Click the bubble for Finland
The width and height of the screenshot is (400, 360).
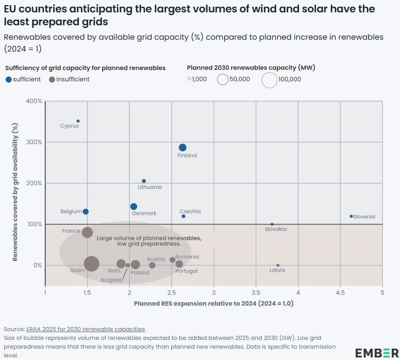182,148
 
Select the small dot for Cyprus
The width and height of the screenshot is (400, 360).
78,121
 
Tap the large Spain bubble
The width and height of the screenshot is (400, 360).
91,264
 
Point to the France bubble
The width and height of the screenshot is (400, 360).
88,232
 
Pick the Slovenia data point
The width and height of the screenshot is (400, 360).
351,217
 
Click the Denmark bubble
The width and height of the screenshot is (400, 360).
134,207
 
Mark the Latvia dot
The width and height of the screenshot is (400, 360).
278,265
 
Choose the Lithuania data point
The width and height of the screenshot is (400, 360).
144,181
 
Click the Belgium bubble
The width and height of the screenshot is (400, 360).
86,211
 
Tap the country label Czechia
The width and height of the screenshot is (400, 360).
190,211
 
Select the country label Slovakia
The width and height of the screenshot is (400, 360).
276,229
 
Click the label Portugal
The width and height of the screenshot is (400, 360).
187,271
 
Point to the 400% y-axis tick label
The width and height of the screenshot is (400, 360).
34,101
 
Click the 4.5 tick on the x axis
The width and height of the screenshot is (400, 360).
340,293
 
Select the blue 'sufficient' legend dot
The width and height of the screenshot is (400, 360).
8,79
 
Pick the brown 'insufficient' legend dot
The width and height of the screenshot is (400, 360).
52,79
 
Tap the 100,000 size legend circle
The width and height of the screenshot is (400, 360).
269,80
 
